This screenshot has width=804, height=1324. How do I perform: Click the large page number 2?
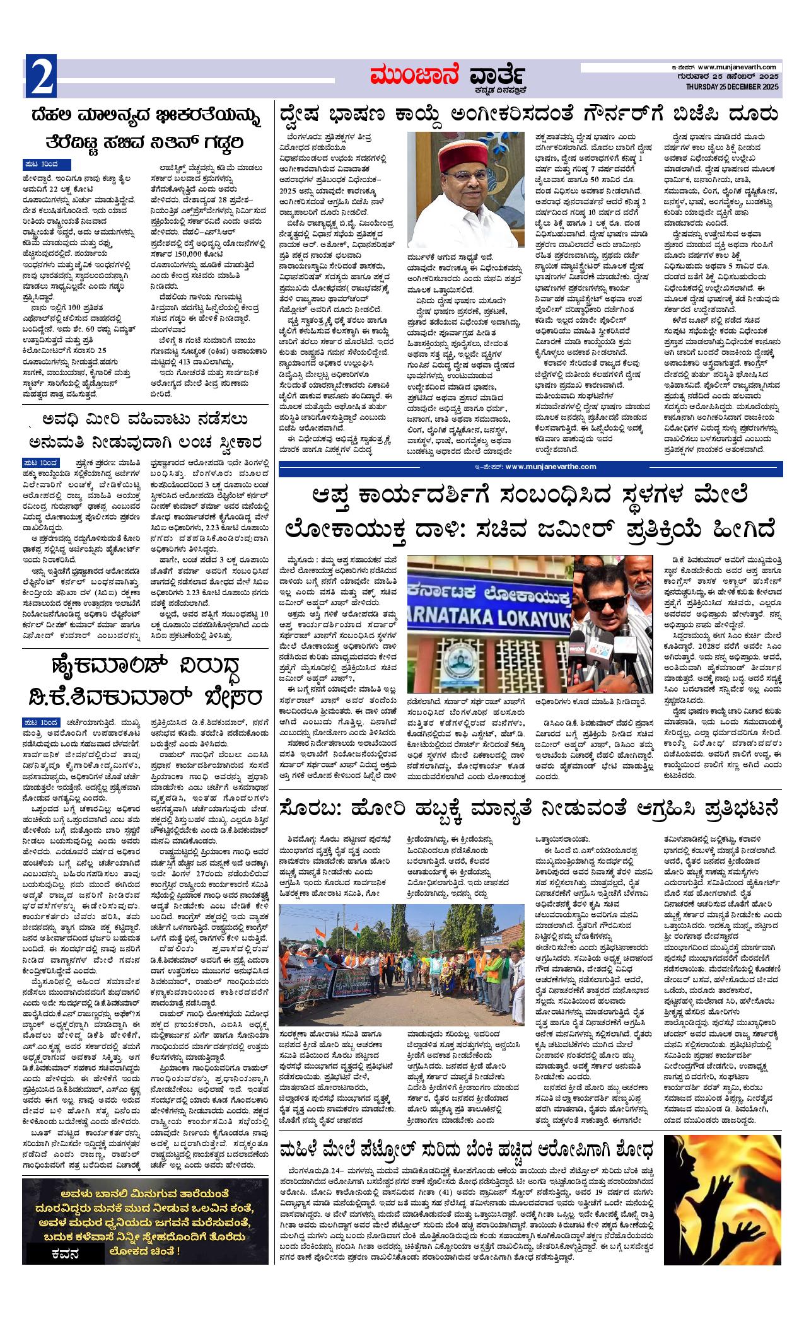(41, 77)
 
